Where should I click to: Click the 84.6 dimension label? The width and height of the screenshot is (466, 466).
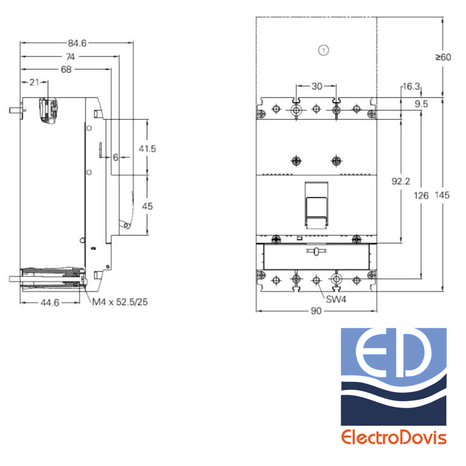pyautogui.click(x=77, y=43)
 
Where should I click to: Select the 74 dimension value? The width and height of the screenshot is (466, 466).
pyautogui.click(x=70, y=57)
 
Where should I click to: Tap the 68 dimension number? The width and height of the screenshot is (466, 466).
pyautogui.click(x=66, y=69)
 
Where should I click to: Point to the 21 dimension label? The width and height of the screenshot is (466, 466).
pyautogui.click(x=35, y=82)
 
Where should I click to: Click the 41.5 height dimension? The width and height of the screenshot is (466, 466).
pyautogui.click(x=148, y=149)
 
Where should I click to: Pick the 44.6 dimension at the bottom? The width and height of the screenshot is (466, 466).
pyautogui.click(x=50, y=303)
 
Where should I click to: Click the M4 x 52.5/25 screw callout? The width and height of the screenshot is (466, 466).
pyautogui.click(x=120, y=302)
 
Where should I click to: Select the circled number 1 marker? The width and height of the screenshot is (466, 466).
pyautogui.click(x=324, y=50)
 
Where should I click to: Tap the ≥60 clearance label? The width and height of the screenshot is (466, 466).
pyautogui.click(x=443, y=57)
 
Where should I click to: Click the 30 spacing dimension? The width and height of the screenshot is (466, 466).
pyautogui.click(x=317, y=86)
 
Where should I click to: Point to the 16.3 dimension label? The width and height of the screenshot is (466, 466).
pyautogui.click(x=411, y=86)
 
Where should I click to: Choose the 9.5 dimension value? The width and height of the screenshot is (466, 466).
pyautogui.click(x=421, y=104)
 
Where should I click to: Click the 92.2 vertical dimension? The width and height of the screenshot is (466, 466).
pyautogui.click(x=401, y=181)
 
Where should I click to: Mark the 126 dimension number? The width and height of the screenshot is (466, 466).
pyautogui.click(x=421, y=196)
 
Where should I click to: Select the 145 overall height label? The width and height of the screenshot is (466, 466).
pyautogui.click(x=442, y=195)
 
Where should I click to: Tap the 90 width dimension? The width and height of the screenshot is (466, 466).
pyautogui.click(x=316, y=311)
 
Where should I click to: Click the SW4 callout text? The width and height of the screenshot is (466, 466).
pyautogui.click(x=336, y=299)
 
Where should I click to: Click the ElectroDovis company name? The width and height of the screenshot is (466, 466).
pyautogui.click(x=394, y=437)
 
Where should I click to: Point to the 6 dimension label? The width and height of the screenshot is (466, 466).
pyautogui.click(x=115, y=157)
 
